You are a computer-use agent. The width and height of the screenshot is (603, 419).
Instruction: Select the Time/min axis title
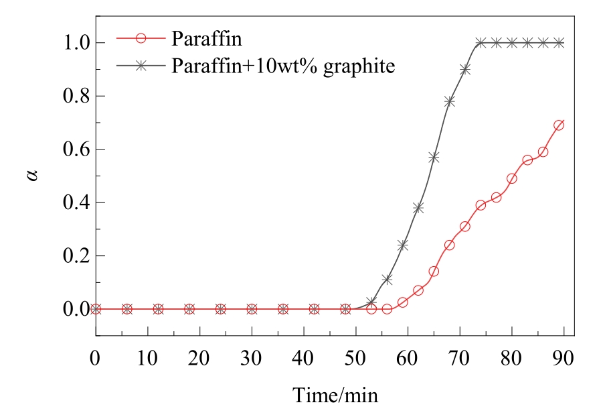coord(335,395)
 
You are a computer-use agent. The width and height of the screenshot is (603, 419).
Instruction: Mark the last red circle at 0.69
coord(559,125)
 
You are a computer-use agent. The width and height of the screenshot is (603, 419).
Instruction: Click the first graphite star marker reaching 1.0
coord(481,43)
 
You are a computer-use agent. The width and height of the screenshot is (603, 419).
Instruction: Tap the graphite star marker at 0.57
coord(434,157)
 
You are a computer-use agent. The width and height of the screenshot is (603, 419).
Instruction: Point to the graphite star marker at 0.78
coord(449,101)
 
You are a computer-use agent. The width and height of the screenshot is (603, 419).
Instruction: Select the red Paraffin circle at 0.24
coord(449,245)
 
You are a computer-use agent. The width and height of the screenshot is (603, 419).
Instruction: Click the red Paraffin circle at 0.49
coord(512,178)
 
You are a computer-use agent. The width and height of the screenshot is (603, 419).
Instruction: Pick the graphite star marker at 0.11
coord(387,280)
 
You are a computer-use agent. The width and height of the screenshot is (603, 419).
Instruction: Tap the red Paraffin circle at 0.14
coord(434,272)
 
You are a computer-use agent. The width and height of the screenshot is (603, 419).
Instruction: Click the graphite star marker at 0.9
coord(465,69)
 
